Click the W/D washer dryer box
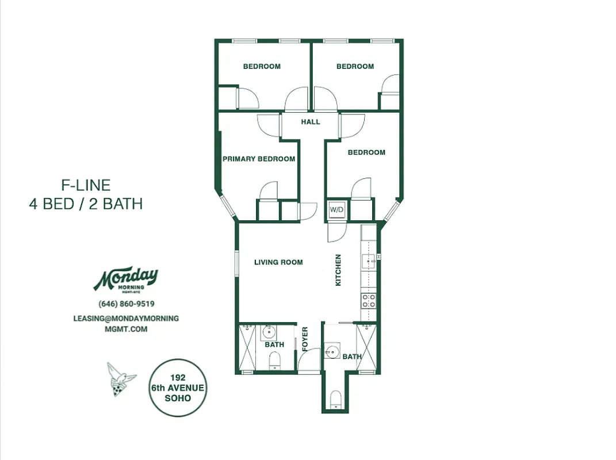336,210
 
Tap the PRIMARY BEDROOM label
259,159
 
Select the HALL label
311,122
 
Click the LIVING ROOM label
278,262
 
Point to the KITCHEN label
338,270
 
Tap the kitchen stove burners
368,300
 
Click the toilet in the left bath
275,361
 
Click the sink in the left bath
269,332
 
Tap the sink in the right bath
331,351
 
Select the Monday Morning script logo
126,280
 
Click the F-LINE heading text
86,185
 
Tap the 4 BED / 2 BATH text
86,204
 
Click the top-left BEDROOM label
262,67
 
